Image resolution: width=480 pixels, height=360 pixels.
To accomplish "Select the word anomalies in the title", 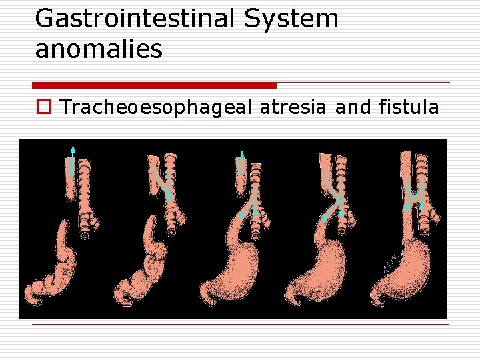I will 99,50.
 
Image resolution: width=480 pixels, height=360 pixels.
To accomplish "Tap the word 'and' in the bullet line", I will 350,107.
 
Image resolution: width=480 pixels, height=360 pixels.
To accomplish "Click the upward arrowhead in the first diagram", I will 73,148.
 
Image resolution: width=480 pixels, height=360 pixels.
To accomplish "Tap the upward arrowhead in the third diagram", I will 242,154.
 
